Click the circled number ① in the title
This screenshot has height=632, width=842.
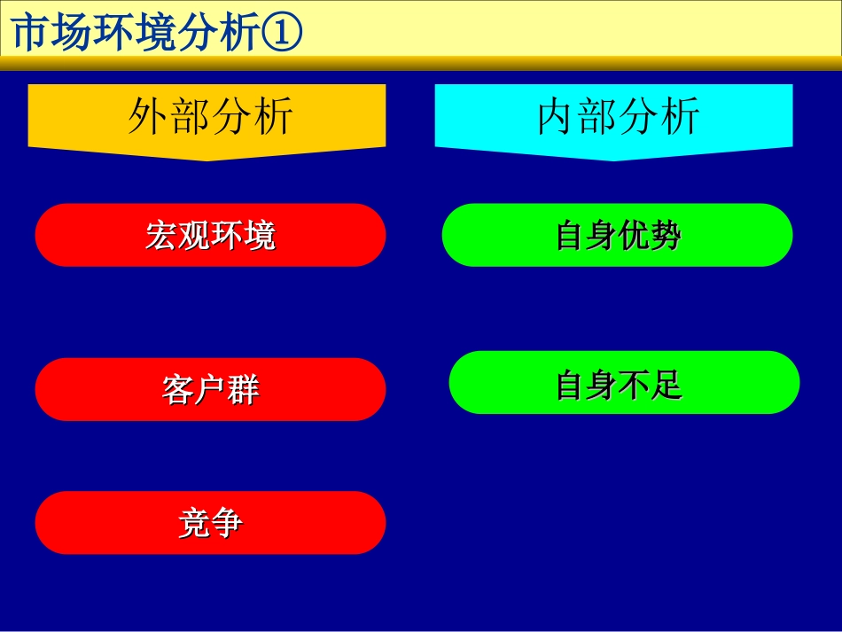tap(283, 34)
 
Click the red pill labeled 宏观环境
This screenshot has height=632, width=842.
tap(210, 235)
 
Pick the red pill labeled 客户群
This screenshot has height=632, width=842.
tap(210, 389)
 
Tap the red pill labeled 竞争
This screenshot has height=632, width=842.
tap(210, 523)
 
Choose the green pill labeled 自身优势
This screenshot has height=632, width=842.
tap(617, 235)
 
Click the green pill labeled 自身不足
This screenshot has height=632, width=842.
tap(624, 383)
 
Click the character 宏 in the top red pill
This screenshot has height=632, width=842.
tap(161, 236)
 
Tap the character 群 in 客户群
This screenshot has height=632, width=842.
tap(243, 390)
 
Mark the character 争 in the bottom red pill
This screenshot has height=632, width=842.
tap(227, 524)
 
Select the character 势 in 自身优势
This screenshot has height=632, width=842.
tap(666, 236)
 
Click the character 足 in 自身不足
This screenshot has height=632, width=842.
tap(666, 384)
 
